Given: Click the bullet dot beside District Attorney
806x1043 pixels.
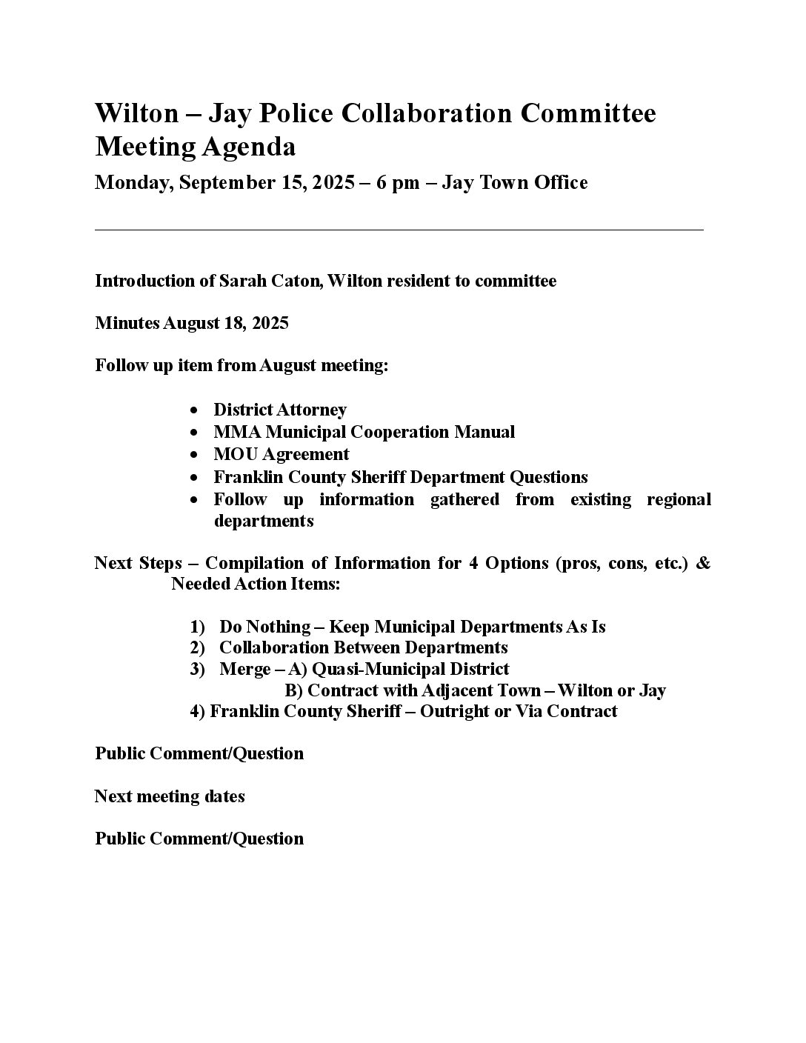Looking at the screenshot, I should tap(194, 410).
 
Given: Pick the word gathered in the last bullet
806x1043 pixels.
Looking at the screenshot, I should tap(464, 499).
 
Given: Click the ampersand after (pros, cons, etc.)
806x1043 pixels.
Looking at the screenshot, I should tap(703, 563).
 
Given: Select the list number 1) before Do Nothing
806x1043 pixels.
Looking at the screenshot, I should tap(197, 627).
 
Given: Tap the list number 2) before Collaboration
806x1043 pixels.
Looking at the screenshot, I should tap(197, 648).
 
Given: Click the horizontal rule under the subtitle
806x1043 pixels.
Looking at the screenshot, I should tap(399, 230).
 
